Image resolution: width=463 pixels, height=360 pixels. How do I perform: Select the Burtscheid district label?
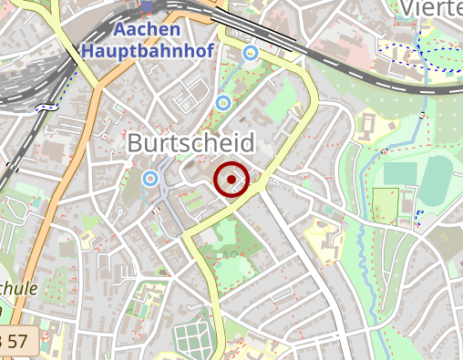tap(193, 142)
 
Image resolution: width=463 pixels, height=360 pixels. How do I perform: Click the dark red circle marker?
tap(231, 180)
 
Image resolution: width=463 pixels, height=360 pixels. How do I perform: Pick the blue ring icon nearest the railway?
tap(250, 54)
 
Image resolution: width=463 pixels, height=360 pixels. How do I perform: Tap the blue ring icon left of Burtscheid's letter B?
tap(150, 177)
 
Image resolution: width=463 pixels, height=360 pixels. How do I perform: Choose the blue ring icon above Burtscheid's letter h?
tap(222, 101)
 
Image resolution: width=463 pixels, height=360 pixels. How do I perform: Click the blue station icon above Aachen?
tap(148, 7)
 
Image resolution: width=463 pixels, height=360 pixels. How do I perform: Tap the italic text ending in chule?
tap(18, 288)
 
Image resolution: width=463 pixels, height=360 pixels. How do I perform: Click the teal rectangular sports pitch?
tap(399, 173)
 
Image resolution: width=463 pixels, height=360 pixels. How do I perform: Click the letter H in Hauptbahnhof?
tap(87, 50)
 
